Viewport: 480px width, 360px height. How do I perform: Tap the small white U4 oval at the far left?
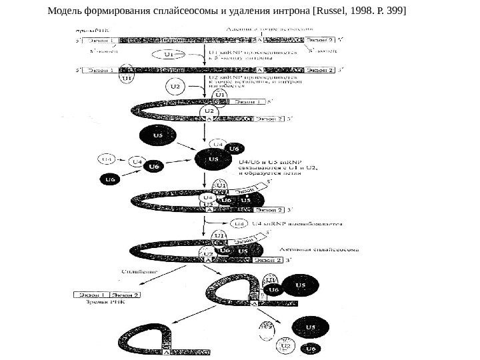[107, 159]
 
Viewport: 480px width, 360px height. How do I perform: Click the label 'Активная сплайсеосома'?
[322, 249]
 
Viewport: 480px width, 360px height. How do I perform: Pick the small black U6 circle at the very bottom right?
[309, 349]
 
